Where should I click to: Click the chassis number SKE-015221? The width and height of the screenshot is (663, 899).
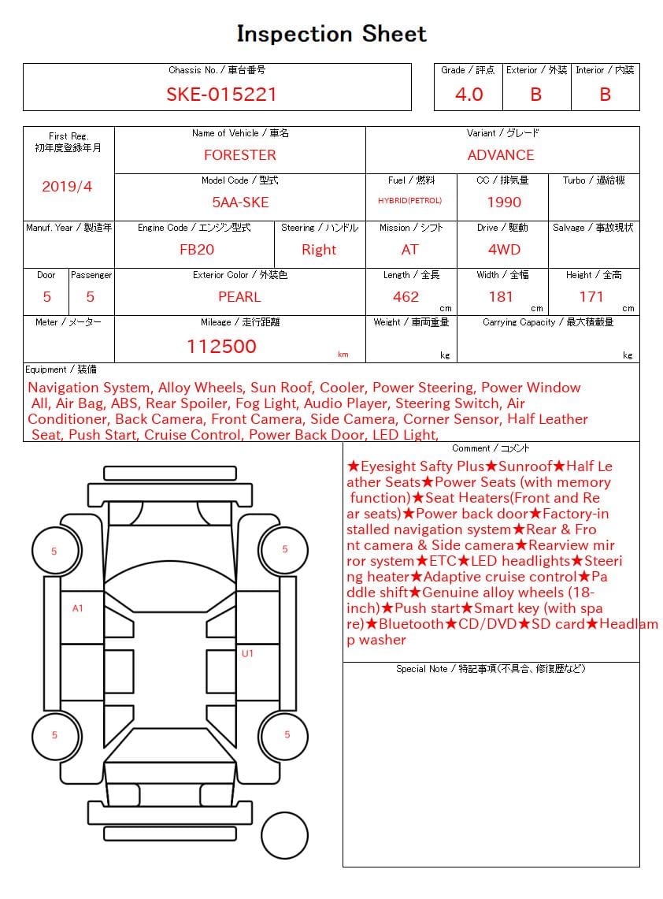(221, 95)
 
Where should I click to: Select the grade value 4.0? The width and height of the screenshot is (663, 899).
(469, 95)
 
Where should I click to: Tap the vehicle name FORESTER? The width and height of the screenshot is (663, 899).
(239, 155)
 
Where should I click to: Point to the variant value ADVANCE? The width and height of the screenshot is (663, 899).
(501, 155)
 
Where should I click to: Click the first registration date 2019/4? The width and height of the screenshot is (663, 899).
(67, 187)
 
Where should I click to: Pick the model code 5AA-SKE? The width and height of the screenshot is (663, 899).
(240, 202)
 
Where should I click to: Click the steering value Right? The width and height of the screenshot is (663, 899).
(319, 250)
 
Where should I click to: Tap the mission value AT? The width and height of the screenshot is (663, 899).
(409, 250)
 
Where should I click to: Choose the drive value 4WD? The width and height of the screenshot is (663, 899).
(504, 250)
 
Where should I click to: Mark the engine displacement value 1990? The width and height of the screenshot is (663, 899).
(504, 202)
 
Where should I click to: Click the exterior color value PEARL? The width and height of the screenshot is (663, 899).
(239, 297)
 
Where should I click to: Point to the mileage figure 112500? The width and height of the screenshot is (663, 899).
(221, 347)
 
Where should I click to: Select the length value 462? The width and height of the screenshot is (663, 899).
(406, 297)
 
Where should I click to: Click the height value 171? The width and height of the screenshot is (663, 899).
(591, 297)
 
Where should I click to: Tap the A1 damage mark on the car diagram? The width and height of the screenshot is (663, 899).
(78, 608)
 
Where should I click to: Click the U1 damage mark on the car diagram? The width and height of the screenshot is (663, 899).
(247, 653)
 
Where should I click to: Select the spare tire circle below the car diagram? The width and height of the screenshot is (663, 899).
(284, 835)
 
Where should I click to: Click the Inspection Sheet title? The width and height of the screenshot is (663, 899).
(331, 34)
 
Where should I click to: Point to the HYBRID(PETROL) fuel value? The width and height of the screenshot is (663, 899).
(409, 201)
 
